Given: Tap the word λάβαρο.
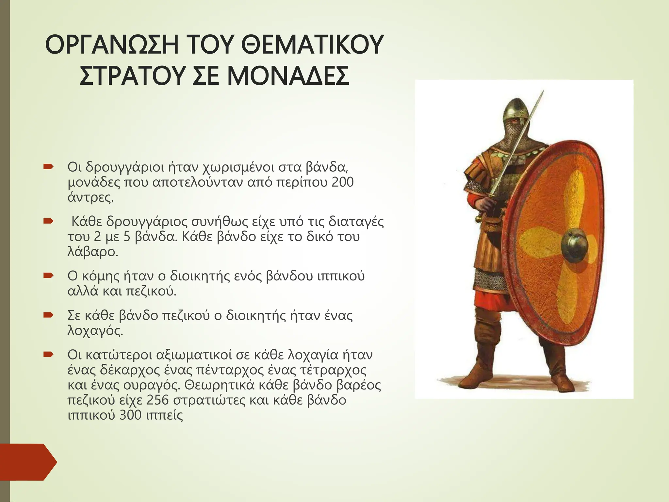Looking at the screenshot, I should tap(92, 252).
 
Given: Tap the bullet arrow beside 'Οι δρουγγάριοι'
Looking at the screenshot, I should tap(48, 167).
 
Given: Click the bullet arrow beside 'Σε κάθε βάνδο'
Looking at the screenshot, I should tap(48, 316).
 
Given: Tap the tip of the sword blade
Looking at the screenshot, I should tap(543, 92).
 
